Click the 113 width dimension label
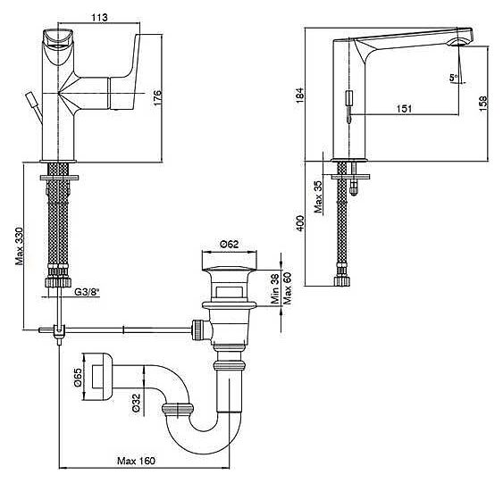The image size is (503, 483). click(x=99, y=17)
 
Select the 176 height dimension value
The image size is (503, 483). click(x=157, y=97)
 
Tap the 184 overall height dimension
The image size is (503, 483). click(x=299, y=95)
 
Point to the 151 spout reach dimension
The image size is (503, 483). click(x=404, y=109)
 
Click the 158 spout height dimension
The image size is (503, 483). click(x=483, y=104)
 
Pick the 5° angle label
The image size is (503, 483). click(x=453, y=78)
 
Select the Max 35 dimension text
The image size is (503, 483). click(x=318, y=196)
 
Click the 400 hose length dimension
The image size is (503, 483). click(x=300, y=223)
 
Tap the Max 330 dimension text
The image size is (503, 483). click(x=20, y=246)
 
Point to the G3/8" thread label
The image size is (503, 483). click(x=87, y=292)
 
